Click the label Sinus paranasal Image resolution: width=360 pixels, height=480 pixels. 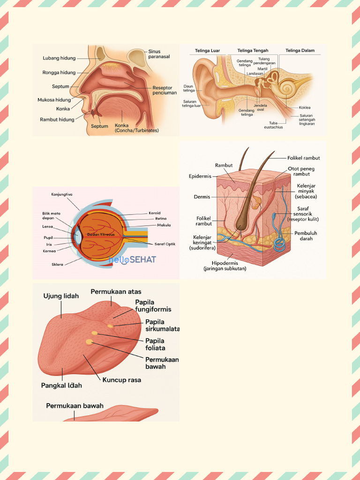coord(159,54)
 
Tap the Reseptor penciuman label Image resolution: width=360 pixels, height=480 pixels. coord(165,90)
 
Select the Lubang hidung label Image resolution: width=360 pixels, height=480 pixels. coord(59,58)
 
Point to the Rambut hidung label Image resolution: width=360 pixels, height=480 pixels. coord(57,120)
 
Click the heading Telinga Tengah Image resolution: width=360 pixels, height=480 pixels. coord(253,51)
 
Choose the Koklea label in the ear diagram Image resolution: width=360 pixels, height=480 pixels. coord(305,107)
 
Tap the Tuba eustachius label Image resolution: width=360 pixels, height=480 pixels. coord(273,125)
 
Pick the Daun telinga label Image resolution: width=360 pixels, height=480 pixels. coord(189,89)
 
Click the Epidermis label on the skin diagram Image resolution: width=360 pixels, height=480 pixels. coord(200,177)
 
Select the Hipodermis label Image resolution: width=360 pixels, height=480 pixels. coord(225,266)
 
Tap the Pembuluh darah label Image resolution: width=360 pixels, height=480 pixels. coord(306,236)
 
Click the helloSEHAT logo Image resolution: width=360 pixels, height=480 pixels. coord(132,260)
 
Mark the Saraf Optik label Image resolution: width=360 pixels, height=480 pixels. coord(165,244)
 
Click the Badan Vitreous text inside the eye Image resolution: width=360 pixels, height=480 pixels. coord(101,234)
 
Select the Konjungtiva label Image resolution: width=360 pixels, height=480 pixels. coord(62,195)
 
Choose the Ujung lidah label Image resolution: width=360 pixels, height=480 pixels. coord(61,296)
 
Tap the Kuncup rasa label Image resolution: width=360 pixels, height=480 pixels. coord(121,380)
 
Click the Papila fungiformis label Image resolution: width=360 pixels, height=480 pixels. coord(153,306)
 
